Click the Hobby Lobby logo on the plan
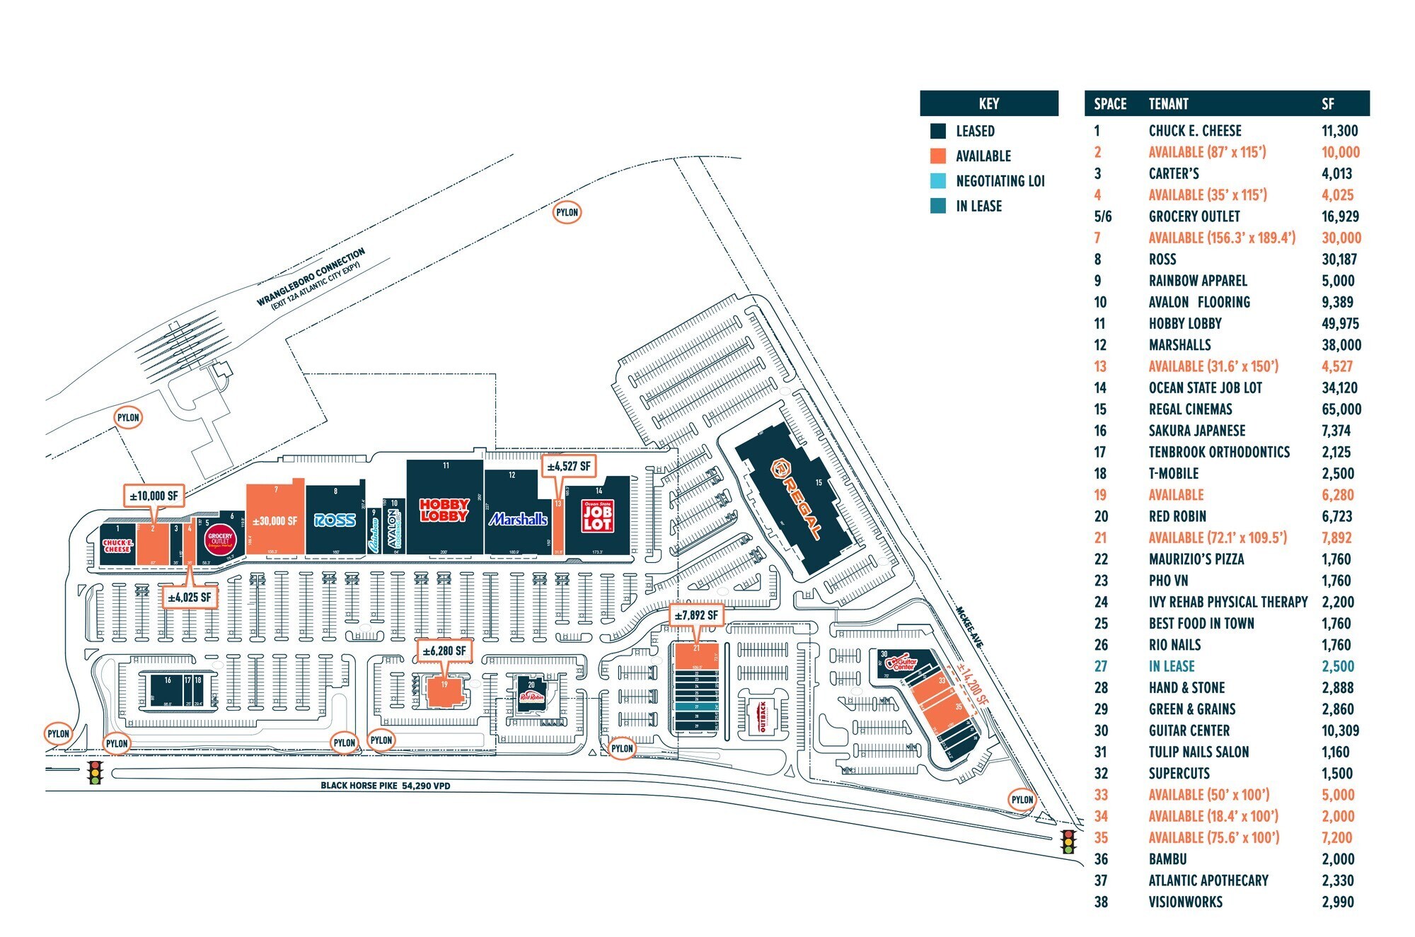(x=444, y=510)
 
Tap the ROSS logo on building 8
(x=335, y=520)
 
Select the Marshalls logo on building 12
(x=519, y=519)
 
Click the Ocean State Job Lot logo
(x=597, y=516)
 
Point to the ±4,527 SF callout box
(x=568, y=467)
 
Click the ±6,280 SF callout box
(x=444, y=651)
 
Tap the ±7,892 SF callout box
(x=695, y=615)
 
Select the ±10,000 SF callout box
(x=154, y=496)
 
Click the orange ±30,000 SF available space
(x=275, y=520)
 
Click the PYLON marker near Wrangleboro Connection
(x=567, y=212)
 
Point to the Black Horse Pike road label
(x=385, y=786)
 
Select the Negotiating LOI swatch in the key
(x=938, y=181)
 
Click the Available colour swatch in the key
(x=938, y=156)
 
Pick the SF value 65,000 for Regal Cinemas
(x=1341, y=409)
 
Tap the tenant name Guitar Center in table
(x=1189, y=731)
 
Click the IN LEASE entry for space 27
(x=1171, y=666)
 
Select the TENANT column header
(x=1168, y=104)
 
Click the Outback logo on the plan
(x=763, y=716)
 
